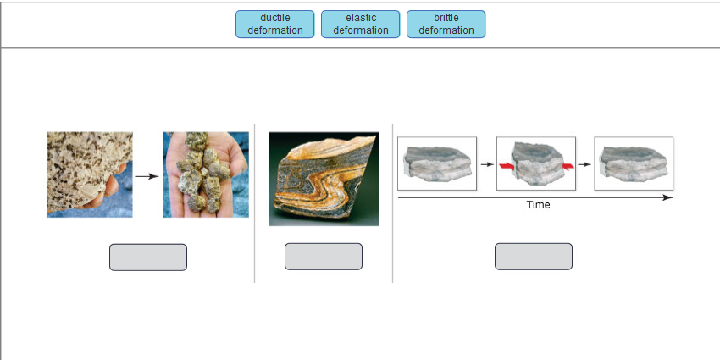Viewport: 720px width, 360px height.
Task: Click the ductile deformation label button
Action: [x=274, y=24]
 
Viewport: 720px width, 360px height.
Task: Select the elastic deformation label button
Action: [x=360, y=24]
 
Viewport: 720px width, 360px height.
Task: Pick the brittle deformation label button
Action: [x=446, y=24]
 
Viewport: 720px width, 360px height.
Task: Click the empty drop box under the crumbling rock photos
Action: [x=147, y=257]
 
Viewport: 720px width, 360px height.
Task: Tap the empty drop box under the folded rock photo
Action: [x=323, y=257]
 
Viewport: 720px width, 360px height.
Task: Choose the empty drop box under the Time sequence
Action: [x=533, y=257]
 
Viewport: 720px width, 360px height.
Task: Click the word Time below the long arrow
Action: [x=538, y=205]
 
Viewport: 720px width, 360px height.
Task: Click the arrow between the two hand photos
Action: [x=147, y=176]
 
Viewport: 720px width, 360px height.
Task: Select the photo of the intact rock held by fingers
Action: [x=89, y=174]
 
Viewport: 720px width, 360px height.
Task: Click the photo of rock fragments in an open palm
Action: [x=206, y=174]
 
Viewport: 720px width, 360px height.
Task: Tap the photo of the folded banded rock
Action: [x=323, y=179]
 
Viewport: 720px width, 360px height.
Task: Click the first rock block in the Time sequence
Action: [x=437, y=163]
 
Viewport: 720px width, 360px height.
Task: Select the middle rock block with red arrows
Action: [x=535, y=163]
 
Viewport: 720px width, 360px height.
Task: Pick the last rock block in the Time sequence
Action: [x=634, y=163]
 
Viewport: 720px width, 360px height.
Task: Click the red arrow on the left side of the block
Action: [x=507, y=167]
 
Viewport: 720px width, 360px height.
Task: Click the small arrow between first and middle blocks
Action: [x=486, y=163]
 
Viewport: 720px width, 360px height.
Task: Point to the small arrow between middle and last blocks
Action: [x=584, y=163]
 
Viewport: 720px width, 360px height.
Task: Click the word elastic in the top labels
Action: [x=361, y=18]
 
